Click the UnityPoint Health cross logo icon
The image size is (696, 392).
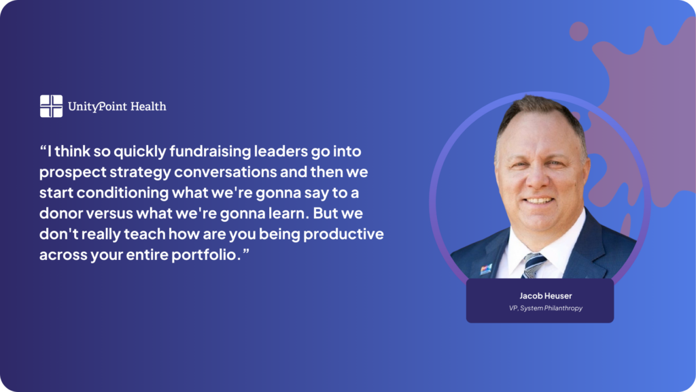click(x=51, y=106)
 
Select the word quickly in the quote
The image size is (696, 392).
click(x=140, y=152)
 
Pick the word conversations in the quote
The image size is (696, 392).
click(x=225, y=172)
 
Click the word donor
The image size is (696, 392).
click(x=60, y=213)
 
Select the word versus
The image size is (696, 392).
click(x=109, y=214)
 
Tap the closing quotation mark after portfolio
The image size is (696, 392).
click(x=246, y=251)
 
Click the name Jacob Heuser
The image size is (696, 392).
click(x=546, y=295)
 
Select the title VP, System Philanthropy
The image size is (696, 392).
click(x=546, y=308)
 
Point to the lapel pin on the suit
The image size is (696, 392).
click(x=486, y=269)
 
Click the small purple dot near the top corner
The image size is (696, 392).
click(x=579, y=31)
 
